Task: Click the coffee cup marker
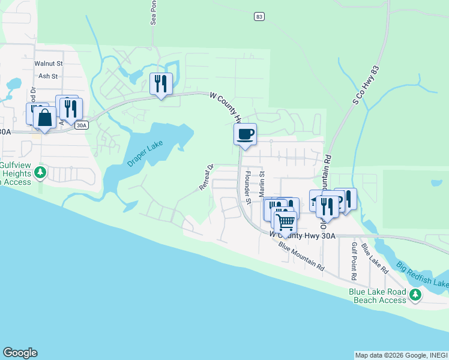click(x=245, y=134)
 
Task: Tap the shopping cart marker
click(x=286, y=222)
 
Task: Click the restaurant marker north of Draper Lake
click(x=161, y=84)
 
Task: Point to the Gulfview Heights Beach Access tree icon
click(x=40, y=173)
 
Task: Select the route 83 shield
click(x=259, y=17)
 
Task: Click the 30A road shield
click(x=82, y=125)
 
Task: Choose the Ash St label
click(x=48, y=76)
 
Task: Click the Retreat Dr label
click(x=205, y=178)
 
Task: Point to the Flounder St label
click(x=247, y=182)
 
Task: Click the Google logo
click(x=20, y=353)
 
